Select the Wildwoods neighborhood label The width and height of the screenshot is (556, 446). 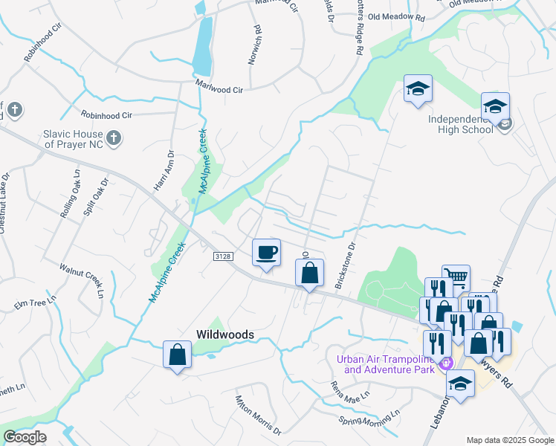(x=224, y=334)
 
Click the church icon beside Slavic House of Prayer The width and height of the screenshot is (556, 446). (x=113, y=138)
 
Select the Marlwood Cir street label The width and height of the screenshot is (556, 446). (x=219, y=88)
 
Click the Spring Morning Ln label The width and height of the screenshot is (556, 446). (x=369, y=418)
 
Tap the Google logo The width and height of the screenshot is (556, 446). (x=25, y=437)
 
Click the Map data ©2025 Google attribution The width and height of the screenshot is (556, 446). (x=509, y=439)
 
